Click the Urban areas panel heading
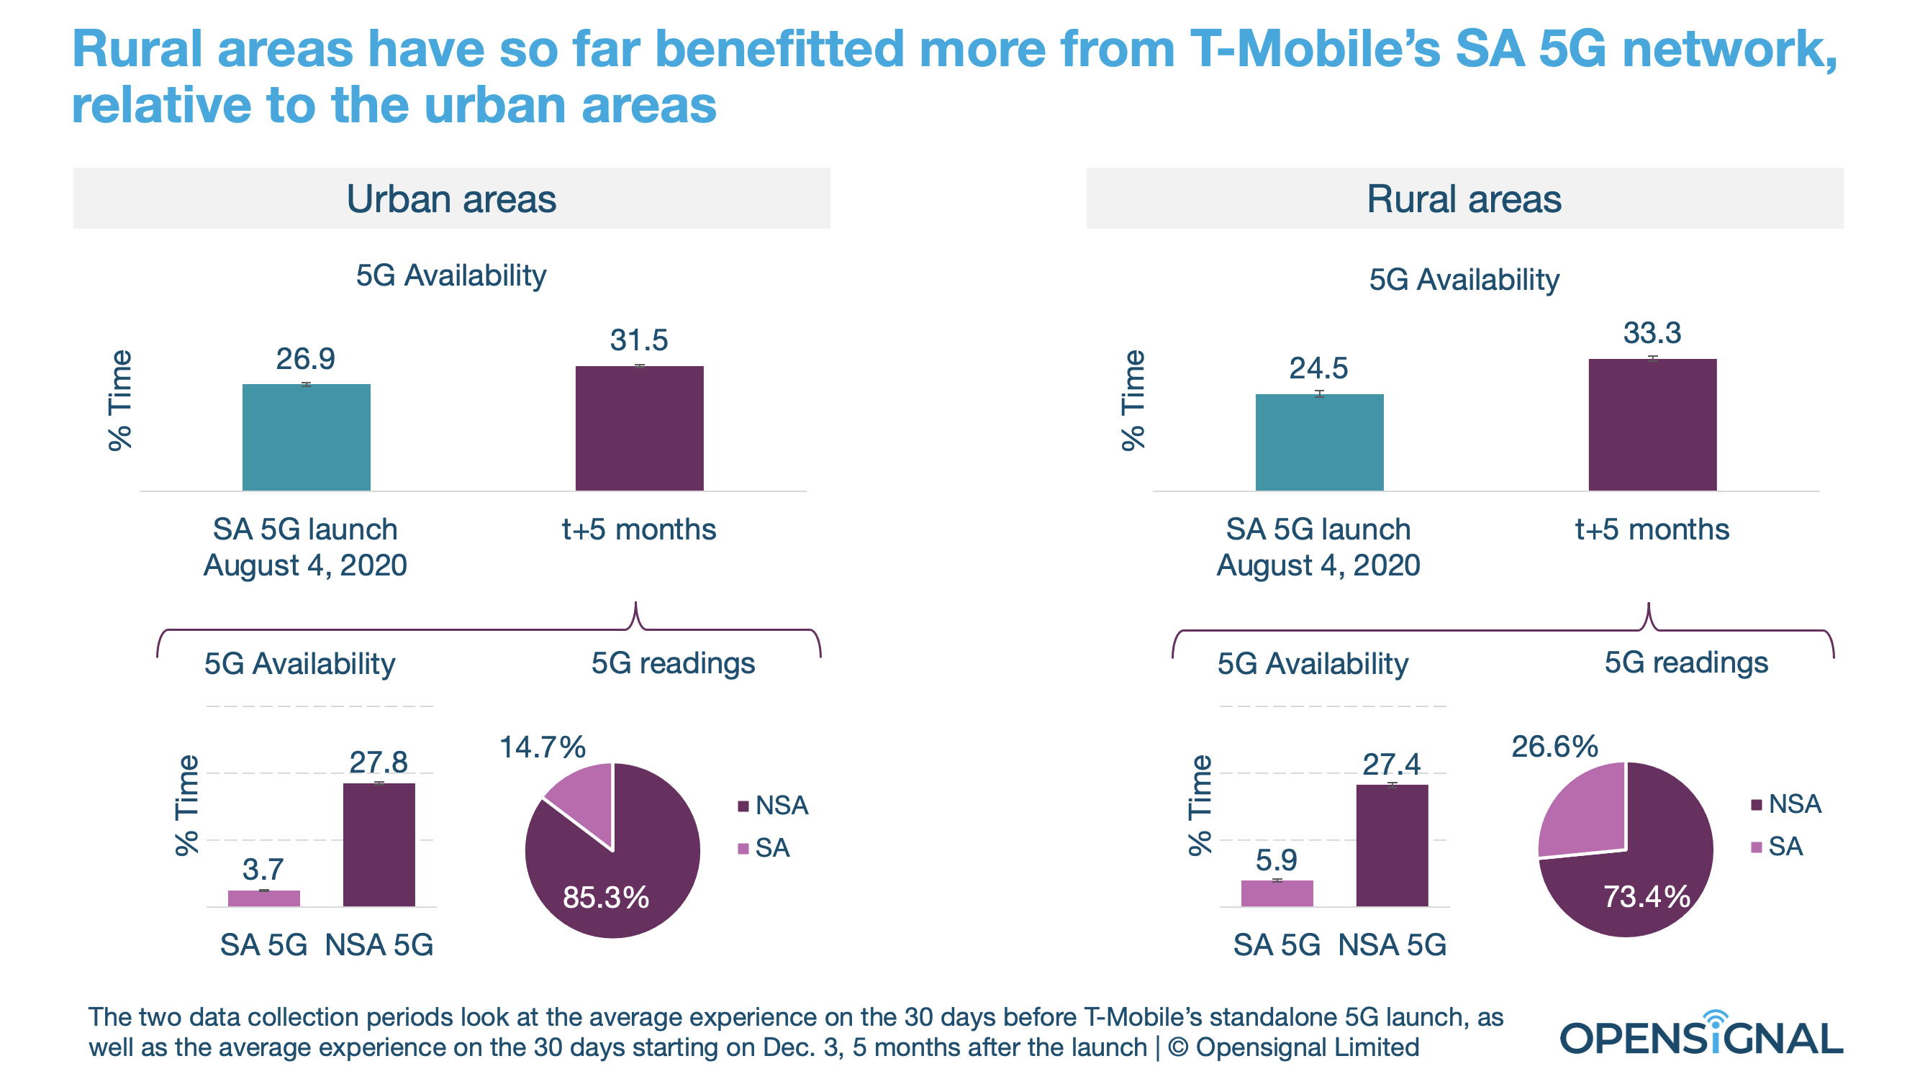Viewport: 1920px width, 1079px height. click(451, 199)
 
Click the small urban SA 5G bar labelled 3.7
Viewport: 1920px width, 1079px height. click(264, 898)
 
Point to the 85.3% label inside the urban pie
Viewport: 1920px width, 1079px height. click(605, 897)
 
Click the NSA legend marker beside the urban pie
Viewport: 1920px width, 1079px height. click(743, 806)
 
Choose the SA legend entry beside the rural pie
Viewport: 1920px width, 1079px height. click(1777, 847)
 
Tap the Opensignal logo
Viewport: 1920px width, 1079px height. click(1701, 1035)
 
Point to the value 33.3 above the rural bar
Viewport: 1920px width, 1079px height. click(1652, 333)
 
